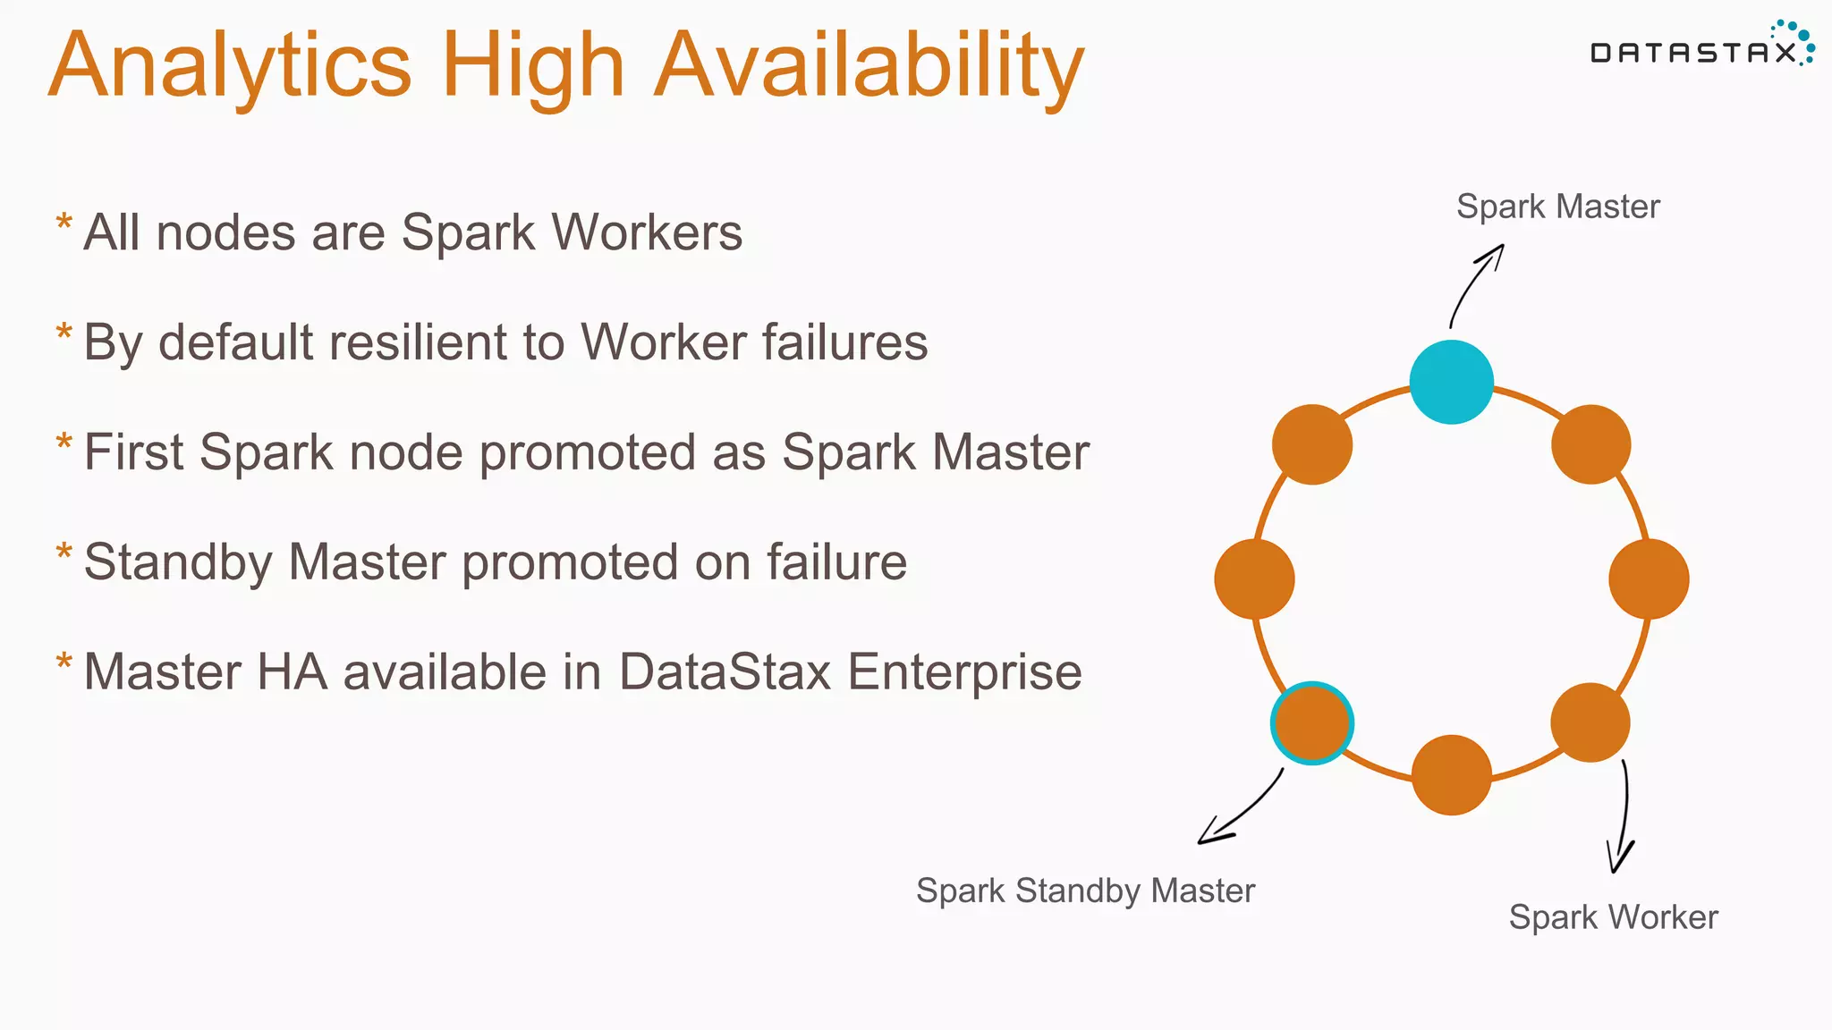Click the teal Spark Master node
(1451, 382)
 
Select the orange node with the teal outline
(1311, 723)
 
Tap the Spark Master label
(1557, 207)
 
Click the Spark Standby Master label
(1085, 891)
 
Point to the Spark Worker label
(1613, 917)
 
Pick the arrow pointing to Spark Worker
(1623, 818)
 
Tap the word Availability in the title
(869, 66)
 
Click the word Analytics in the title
(231, 66)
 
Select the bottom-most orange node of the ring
(1451, 774)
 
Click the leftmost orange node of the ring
(1254, 578)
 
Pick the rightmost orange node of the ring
(1648, 578)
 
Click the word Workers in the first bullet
(646, 232)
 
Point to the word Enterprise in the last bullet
(964, 672)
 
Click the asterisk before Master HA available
(64, 663)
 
